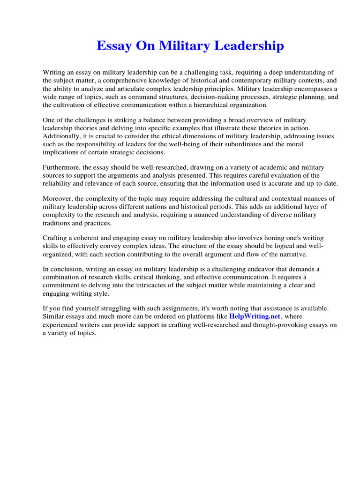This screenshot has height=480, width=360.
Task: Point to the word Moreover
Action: (x=57, y=199)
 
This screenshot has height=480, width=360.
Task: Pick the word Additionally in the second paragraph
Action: (x=61, y=136)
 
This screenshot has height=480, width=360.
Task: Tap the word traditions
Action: (x=58, y=223)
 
